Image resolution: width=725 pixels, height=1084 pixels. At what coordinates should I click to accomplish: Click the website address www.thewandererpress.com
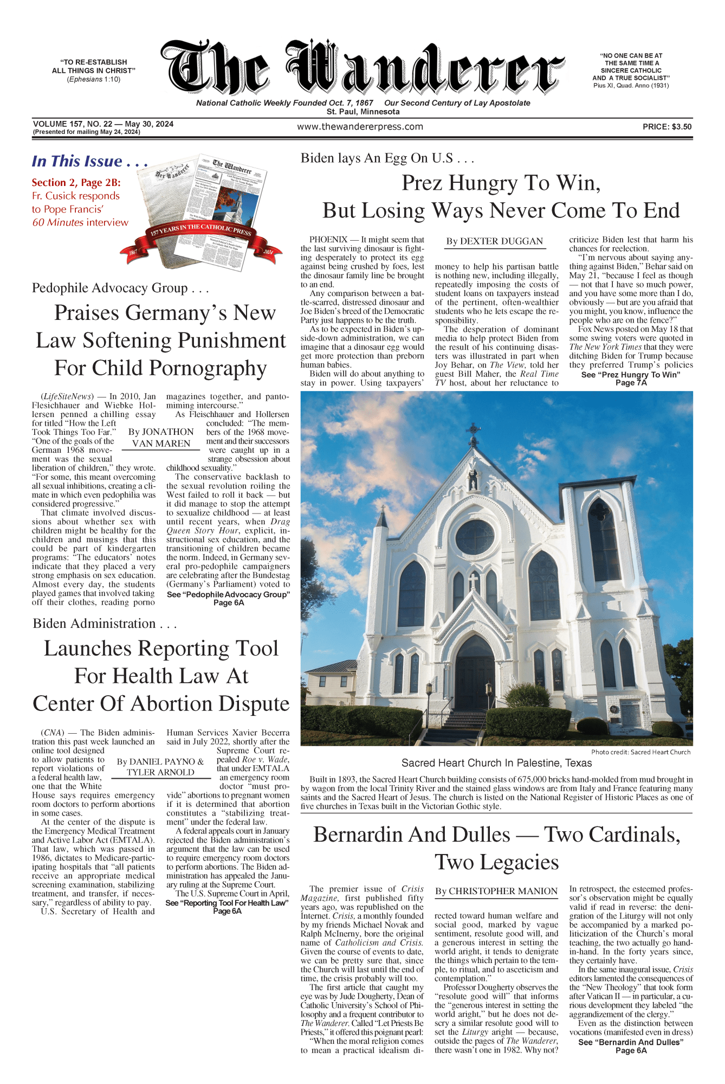point(360,127)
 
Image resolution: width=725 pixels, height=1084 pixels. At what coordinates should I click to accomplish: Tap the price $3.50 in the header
point(666,127)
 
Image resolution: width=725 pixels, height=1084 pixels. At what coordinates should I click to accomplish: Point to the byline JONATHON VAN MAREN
point(161,438)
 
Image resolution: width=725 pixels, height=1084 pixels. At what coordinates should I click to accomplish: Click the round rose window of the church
point(475,537)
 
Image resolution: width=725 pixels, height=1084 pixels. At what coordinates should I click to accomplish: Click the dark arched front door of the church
point(475,678)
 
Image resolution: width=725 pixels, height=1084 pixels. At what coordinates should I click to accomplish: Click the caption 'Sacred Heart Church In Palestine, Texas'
point(496,763)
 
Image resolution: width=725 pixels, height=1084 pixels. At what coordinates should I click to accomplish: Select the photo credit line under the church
point(640,752)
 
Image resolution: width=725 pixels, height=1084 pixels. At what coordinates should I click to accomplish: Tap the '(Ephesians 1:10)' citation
point(94,79)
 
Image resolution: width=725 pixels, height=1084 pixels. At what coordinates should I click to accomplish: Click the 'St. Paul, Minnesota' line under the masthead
point(363,112)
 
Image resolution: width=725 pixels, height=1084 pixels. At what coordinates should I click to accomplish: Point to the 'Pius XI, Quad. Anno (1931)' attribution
point(631,86)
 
